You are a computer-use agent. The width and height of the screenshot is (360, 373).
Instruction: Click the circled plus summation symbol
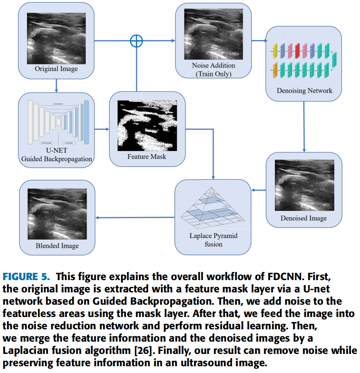(136, 41)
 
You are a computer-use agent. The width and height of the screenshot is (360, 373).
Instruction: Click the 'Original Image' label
(56, 69)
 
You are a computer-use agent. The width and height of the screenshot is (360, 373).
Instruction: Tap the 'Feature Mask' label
(147, 157)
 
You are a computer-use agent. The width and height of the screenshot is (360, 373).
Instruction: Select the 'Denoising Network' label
(304, 90)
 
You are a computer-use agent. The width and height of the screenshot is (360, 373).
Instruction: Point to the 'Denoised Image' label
(304, 218)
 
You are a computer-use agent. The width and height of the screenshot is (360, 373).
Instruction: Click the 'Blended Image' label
(57, 246)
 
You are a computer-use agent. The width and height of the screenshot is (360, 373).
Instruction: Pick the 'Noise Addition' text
(213, 66)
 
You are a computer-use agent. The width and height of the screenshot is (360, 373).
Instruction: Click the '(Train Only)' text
(213, 74)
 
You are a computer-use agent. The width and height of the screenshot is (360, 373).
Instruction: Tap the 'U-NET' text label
(57, 151)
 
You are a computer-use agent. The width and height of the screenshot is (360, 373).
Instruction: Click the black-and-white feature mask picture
(146, 125)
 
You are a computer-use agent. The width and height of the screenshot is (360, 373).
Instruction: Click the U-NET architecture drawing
(57, 123)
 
